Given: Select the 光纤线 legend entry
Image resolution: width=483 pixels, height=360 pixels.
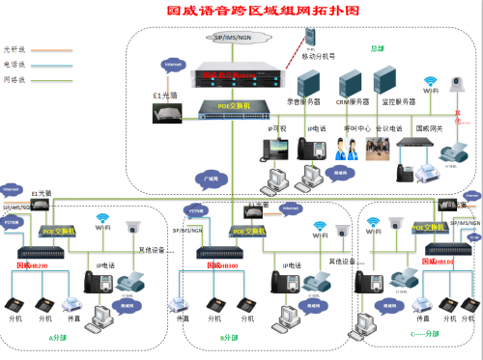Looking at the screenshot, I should point(14,47).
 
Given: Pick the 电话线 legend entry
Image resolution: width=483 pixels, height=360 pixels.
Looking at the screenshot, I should point(14,62).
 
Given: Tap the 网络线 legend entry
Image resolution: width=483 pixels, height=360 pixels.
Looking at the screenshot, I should point(14,76).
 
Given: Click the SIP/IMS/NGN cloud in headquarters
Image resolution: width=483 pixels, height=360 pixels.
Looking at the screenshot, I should point(241,37).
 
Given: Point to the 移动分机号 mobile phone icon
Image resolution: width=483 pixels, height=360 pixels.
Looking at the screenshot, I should point(310,39).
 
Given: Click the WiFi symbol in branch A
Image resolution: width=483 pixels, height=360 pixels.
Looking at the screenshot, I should point(100,224).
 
